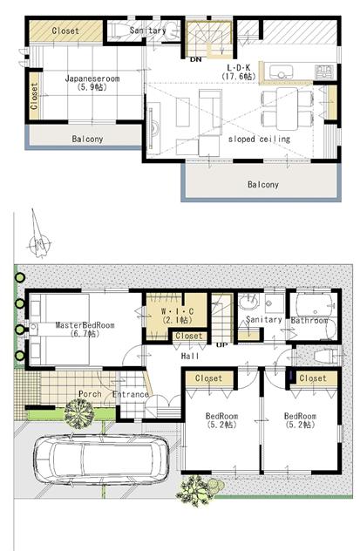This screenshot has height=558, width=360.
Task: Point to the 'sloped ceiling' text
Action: coord(259,138)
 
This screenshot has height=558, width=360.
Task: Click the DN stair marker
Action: coord(197,60)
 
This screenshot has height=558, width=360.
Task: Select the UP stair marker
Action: coord(221,345)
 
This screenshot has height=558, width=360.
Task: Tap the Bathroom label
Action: coord(309,320)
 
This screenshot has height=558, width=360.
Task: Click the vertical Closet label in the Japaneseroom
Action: coord(35,91)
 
